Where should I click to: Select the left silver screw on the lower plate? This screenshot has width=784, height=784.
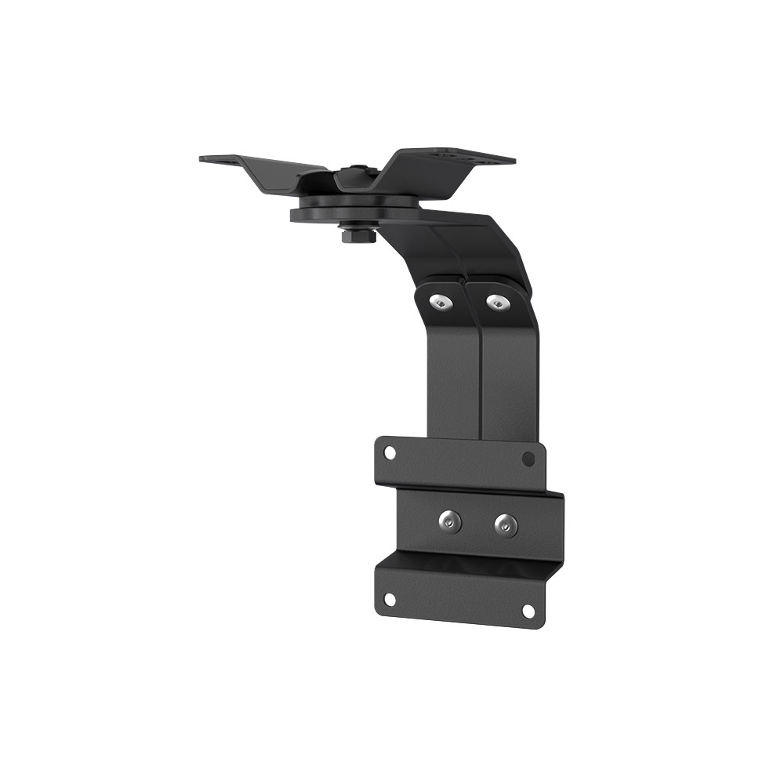[449, 520]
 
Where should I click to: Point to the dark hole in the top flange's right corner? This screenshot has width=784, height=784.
[529, 458]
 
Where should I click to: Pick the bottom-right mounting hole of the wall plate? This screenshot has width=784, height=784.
[528, 610]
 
